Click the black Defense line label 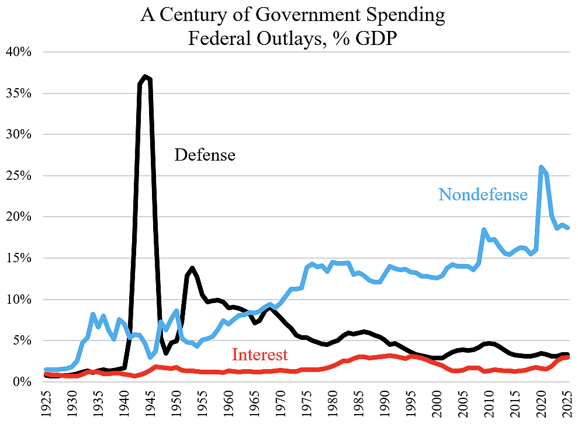coord(205,155)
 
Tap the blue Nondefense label coord(483,194)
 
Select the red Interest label coord(259,355)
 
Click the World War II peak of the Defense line coord(145,77)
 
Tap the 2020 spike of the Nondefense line coord(541,167)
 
